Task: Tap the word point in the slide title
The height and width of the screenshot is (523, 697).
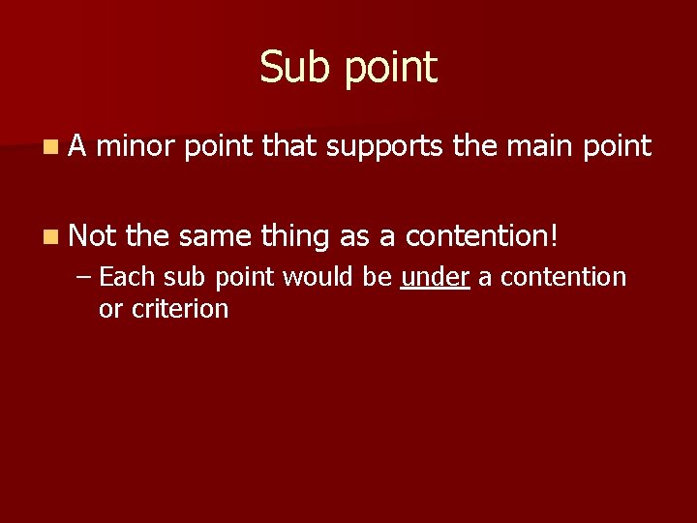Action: point(390,70)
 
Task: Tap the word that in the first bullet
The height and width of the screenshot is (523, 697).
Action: point(289,146)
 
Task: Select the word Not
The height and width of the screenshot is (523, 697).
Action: point(92,233)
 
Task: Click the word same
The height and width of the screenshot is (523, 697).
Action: point(215,233)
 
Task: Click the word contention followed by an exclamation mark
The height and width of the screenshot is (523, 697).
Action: point(481,233)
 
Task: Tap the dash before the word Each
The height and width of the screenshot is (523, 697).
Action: point(84,278)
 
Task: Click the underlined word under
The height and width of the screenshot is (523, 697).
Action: point(435,277)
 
